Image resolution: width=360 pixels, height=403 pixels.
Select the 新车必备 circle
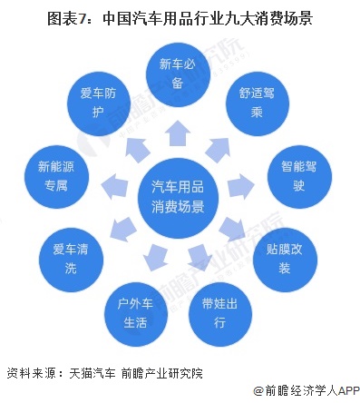179,74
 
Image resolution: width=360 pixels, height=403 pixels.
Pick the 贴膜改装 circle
277,257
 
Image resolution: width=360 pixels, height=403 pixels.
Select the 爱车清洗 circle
69,257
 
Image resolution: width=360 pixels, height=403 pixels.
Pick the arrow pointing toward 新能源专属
115,185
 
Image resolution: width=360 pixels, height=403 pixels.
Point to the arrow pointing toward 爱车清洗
122,226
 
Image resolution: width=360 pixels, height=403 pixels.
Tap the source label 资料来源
30,372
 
